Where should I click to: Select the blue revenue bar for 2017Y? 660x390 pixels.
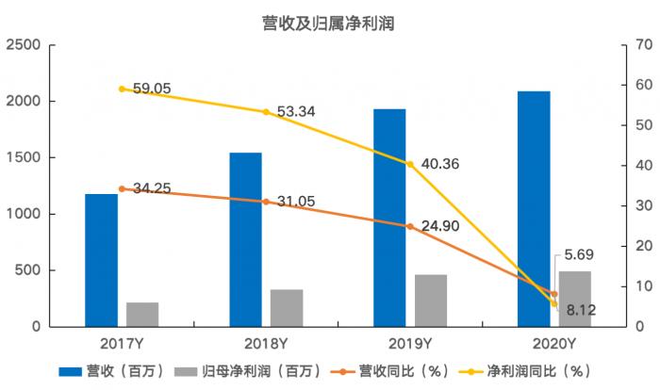click(x=101, y=260)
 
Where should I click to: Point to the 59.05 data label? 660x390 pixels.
click(x=152, y=89)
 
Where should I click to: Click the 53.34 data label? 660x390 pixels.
click(x=296, y=112)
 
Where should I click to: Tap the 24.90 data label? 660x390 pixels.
click(x=440, y=226)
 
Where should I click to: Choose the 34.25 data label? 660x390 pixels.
click(x=152, y=188)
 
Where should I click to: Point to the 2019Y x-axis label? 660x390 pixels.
click(x=411, y=343)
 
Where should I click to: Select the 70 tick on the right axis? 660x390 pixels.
click(x=644, y=45)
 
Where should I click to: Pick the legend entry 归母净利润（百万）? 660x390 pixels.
click(x=249, y=371)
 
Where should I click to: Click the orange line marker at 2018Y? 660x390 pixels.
click(x=266, y=202)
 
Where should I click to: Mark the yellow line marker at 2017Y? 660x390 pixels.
click(x=122, y=89)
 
